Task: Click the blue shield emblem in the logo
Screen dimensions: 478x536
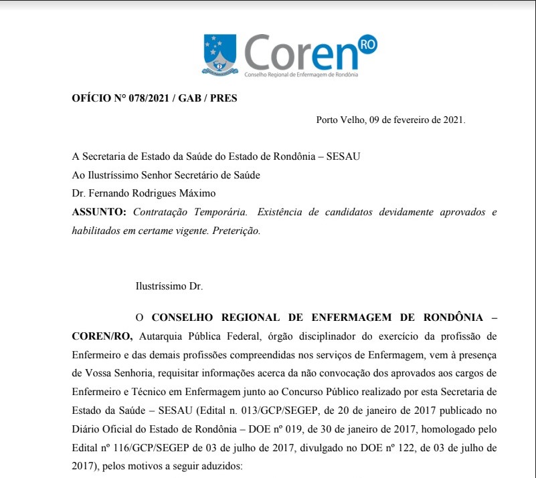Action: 220,55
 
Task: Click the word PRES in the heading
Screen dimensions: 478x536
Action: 224,98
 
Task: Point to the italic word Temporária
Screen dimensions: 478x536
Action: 213,212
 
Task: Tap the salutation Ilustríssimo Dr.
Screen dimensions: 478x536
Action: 169,286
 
